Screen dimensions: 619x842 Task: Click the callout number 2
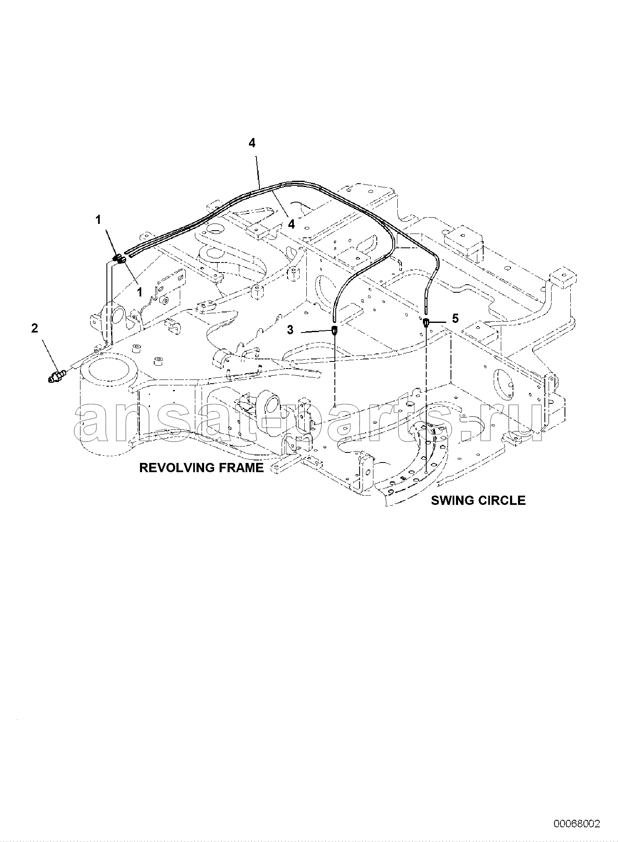[34, 328]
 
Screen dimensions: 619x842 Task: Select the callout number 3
[290, 330]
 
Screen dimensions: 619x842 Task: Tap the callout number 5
[456, 319]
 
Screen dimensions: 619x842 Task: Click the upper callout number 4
[251, 143]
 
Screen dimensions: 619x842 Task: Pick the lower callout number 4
[291, 224]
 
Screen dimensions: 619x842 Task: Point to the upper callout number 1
[98, 219]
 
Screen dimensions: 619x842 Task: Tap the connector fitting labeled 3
[335, 330]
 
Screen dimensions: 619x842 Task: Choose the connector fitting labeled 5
[426, 322]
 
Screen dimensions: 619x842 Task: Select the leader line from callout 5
[440, 322]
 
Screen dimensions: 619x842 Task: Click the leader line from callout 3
[315, 331]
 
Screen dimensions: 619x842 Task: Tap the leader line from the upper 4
[256, 169]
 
